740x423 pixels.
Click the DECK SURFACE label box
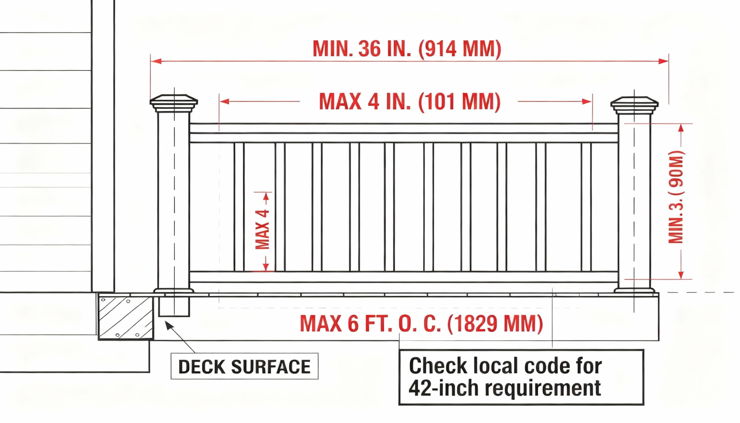pos(244,366)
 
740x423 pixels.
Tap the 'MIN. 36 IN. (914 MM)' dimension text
pos(407,49)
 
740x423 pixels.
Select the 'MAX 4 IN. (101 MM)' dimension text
pos(410,101)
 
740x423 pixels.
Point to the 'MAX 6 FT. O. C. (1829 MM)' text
pos(421,323)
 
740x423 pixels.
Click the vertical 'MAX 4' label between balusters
pos(262,230)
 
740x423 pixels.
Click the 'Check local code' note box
pos(521,377)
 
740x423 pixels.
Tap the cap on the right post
pos(634,105)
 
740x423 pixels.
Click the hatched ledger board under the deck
pos(126,317)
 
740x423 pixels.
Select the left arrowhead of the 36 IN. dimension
pos(156,61)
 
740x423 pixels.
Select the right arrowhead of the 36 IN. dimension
pos(663,61)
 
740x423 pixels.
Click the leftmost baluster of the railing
pos(239,207)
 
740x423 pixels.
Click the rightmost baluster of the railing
pos(586,207)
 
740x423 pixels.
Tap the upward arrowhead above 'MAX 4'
pos(266,196)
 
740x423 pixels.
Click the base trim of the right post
pos(634,290)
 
